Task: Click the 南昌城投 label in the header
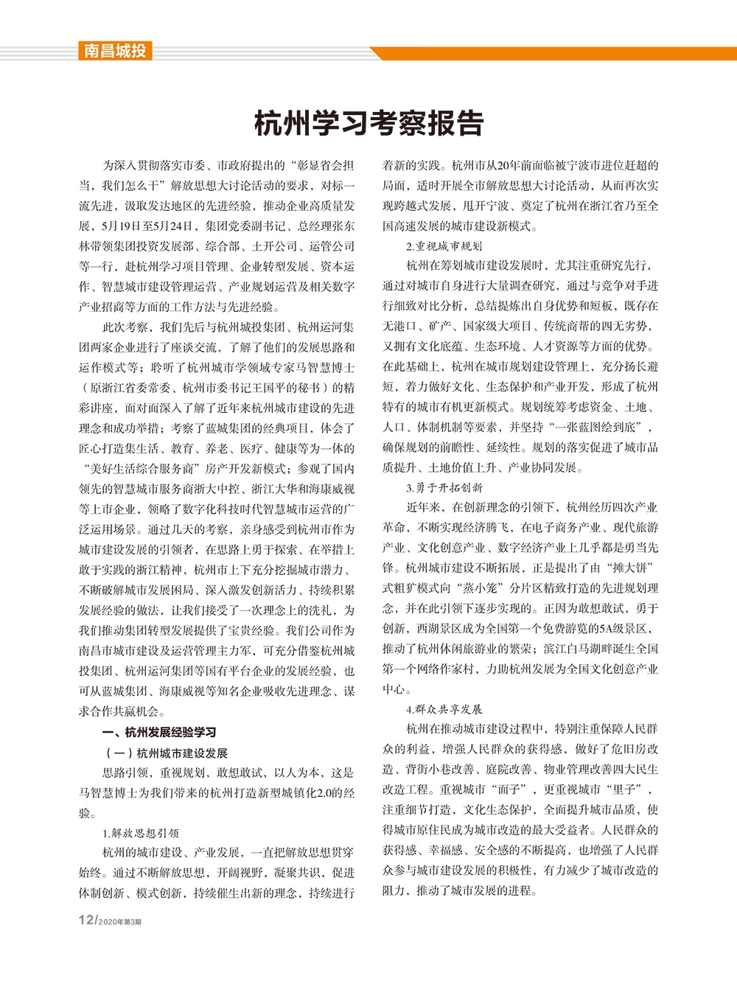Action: (114, 51)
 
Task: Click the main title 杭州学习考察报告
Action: (368, 123)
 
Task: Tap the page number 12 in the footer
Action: (86, 920)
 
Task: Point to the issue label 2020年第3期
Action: (119, 922)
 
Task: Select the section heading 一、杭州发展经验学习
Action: (159, 732)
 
